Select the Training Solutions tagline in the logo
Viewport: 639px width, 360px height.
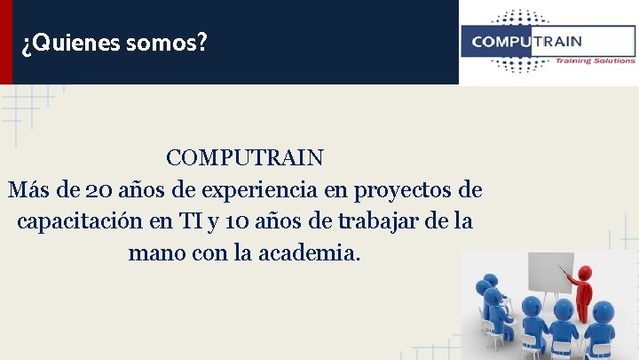[595, 60]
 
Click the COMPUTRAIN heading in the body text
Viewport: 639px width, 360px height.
[245, 158]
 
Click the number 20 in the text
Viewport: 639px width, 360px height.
[98, 189]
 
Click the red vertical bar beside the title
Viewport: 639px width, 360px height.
[6, 42]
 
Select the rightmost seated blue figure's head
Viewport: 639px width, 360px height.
[602, 309]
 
